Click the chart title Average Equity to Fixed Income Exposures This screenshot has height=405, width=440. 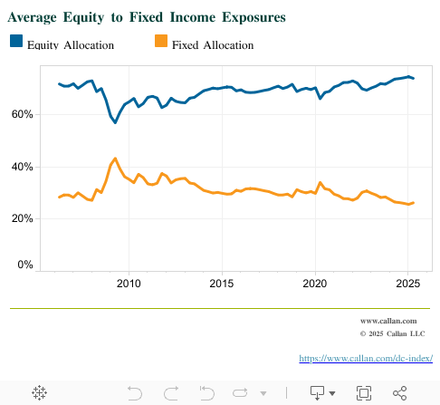147,17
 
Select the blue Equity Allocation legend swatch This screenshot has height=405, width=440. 16,43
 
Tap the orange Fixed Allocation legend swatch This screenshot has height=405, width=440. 160,43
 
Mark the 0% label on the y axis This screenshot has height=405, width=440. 24,265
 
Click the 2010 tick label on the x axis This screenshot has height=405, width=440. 129,284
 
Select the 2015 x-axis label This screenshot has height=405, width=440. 222,284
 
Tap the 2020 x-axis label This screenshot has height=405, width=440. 315,284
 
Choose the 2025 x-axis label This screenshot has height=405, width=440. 407,284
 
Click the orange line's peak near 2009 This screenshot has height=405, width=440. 115,159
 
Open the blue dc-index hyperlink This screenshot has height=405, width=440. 366,359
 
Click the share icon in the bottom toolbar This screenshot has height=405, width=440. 399,392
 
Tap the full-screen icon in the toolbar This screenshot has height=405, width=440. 364,392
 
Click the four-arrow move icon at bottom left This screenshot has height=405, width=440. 40,392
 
